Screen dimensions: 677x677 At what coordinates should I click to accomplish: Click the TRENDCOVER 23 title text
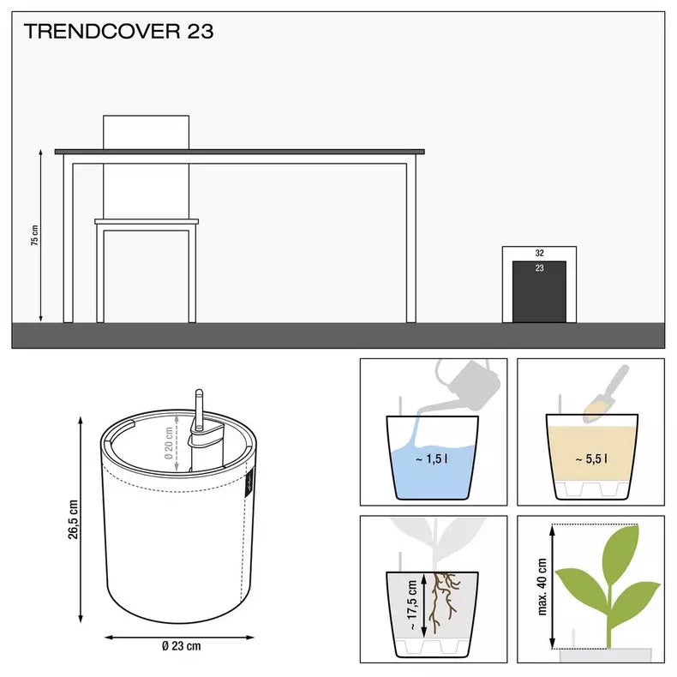point(118,33)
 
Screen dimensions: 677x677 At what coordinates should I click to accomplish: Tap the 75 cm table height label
point(35,236)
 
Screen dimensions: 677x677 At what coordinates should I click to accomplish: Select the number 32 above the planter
point(539,254)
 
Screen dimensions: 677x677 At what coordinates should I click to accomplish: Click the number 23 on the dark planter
point(539,268)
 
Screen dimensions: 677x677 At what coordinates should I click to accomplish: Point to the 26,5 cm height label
point(74,519)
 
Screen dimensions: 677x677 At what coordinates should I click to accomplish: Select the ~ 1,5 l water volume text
point(432,459)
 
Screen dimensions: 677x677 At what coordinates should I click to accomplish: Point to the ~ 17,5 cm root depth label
point(411,604)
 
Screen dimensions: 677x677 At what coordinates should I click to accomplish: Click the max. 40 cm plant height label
point(542,588)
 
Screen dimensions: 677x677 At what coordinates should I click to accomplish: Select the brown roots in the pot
point(444,596)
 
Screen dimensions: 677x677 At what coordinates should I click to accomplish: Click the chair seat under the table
point(147,223)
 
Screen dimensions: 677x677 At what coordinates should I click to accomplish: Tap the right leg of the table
point(411,240)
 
